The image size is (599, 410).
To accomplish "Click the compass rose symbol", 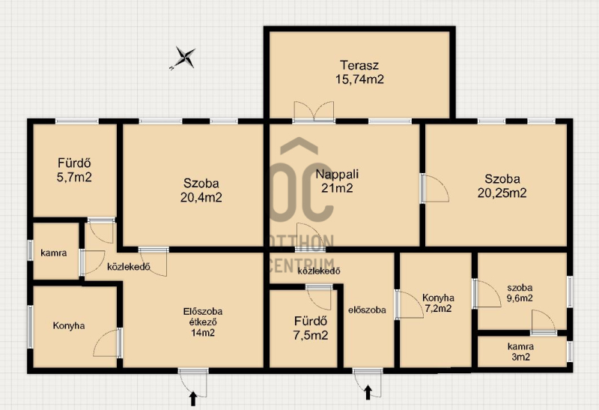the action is coord(185,58).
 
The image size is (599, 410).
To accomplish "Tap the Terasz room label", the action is coord(359,65).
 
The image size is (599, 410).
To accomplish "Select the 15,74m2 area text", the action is coord(359,79).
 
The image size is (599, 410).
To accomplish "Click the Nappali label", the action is coord(337,174).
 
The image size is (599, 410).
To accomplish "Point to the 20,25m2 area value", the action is coord(502,193).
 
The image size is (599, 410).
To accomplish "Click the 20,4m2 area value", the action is coord(201,197).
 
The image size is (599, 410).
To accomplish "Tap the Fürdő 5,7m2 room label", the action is coord(74,170).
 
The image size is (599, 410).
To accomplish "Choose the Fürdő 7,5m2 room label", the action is coord(310,328).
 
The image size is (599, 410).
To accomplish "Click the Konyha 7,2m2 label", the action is coord(438,303).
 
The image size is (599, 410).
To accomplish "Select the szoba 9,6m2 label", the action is coord(520,293).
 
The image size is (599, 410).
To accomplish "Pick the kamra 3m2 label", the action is coord(520,352).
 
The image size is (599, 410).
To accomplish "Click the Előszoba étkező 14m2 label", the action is coord(203,322).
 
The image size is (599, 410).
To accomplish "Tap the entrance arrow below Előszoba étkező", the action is coord(193,399).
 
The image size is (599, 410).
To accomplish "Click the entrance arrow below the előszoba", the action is coord(368,393).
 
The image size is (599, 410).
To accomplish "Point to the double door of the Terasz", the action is coord(314,112).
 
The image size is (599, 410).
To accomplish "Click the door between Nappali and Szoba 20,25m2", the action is coord(435,189).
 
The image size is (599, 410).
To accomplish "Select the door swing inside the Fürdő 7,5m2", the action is coord(319,297).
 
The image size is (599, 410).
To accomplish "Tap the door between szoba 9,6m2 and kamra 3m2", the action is coord(544,322).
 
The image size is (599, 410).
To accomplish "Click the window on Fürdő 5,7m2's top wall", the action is coord(77,121).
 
